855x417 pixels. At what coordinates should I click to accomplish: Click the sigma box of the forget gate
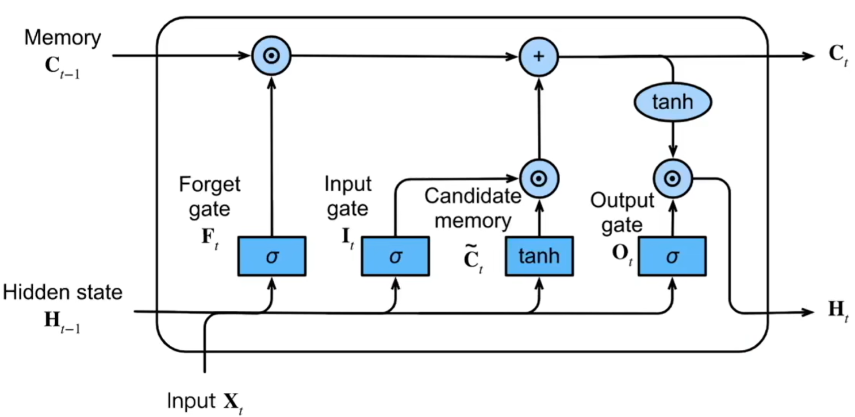[271, 256]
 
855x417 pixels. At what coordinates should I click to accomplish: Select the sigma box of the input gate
[395, 256]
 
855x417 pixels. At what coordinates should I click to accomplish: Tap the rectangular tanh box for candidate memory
[539, 256]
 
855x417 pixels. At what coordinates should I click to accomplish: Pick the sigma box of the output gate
[672, 256]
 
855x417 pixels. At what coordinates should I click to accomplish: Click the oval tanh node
[672, 102]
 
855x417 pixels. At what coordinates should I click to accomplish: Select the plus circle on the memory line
[539, 56]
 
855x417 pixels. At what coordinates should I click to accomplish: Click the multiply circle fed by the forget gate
[271, 56]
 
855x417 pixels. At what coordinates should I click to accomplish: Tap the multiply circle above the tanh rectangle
[539, 179]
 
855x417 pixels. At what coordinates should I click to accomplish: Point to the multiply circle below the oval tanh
[672, 179]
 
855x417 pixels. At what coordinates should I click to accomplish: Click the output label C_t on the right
[837, 56]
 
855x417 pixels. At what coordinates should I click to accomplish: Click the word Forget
[209, 185]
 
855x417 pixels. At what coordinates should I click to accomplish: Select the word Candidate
[472, 196]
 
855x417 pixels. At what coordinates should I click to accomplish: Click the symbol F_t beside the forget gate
[209, 240]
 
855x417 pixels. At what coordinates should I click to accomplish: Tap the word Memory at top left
[62, 38]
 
